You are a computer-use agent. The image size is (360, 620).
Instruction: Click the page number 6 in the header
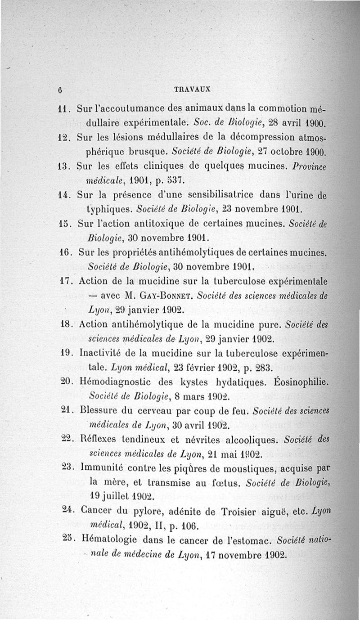point(59,89)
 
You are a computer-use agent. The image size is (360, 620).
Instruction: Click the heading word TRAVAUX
point(193,89)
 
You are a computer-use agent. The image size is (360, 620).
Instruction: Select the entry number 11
point(62,109)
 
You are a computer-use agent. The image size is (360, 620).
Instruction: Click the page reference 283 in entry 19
point(262,368)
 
